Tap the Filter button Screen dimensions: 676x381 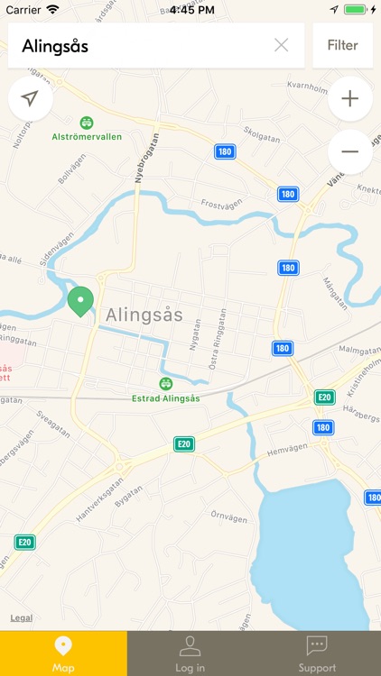(x=343, y=45)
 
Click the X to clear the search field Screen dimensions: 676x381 (x=282, y=45)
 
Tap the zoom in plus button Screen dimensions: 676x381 (x=350, y=99)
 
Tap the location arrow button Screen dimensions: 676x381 (x=31, y=99)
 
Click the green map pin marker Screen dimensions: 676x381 (x=81, y=301)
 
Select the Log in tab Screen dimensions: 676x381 (x=190, y=653)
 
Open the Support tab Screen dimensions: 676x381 (x=317, y=653)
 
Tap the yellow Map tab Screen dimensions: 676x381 (x=63, y=653)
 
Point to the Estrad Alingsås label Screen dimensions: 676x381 (x=165, y=398)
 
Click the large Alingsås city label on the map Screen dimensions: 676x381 (x=144, y=315)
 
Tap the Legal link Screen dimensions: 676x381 (x=22, y=618)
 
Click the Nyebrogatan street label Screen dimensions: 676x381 (x=141, y=158)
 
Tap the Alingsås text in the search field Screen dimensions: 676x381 (x=56, y=45)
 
